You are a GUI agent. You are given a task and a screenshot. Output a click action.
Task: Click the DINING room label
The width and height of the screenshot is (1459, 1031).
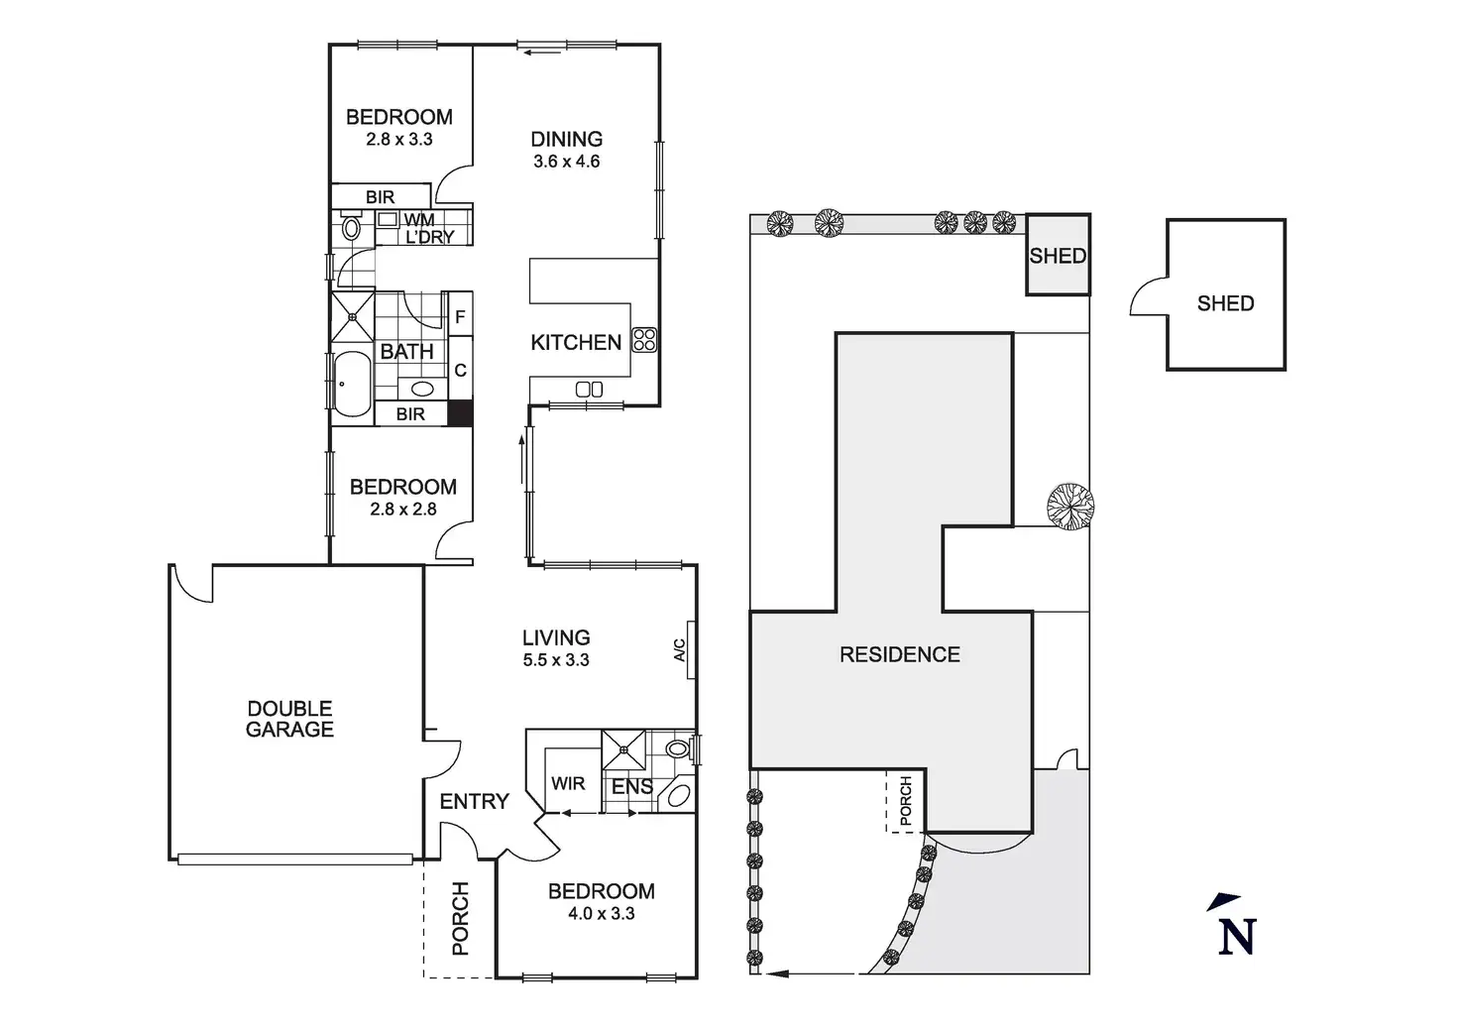(x=566, y=139)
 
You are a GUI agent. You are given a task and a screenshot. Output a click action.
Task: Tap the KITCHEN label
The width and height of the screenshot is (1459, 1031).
(x=576, y=342)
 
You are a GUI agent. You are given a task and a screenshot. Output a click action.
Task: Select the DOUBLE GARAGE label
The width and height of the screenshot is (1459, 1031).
(x=289, y=719)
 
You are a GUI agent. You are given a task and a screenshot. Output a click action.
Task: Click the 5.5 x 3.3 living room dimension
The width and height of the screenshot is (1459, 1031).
(x=556, y=660)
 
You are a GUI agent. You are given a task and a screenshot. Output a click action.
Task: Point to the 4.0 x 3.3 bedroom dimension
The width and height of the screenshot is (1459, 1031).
(x=601, y=913)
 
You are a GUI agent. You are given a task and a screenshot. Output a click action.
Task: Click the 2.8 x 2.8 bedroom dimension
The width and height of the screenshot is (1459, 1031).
(x=402, y=509)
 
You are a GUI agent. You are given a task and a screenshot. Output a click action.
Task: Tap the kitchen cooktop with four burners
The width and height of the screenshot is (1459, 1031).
(x=644, y=340)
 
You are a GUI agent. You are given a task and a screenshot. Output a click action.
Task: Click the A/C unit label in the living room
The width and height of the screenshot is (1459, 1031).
(x=680, y=650)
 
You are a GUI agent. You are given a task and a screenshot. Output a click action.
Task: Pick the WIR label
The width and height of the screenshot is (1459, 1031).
(x=568, y=783)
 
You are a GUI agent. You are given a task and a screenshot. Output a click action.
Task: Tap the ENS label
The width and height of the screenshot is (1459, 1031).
(x=631, y=786)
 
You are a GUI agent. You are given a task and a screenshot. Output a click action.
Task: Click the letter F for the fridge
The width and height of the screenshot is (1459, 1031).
(x=460, y=318)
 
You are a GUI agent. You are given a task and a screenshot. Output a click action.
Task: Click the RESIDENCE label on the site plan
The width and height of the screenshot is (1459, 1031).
(x=899, y=654)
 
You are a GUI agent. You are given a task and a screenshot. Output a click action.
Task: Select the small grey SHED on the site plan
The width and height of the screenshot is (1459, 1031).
(x=1058, y=255)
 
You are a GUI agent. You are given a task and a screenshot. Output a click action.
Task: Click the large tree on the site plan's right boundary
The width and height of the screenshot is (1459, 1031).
(x=1069, y=504)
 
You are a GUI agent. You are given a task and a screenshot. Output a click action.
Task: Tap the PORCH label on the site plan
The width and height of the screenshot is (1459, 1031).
(x=905, y=801)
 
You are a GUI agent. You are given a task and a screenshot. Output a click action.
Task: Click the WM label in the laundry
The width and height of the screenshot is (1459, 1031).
(x=418, y=220)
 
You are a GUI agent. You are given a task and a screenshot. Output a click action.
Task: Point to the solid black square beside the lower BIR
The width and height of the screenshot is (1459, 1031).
(x=459, y=413)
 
